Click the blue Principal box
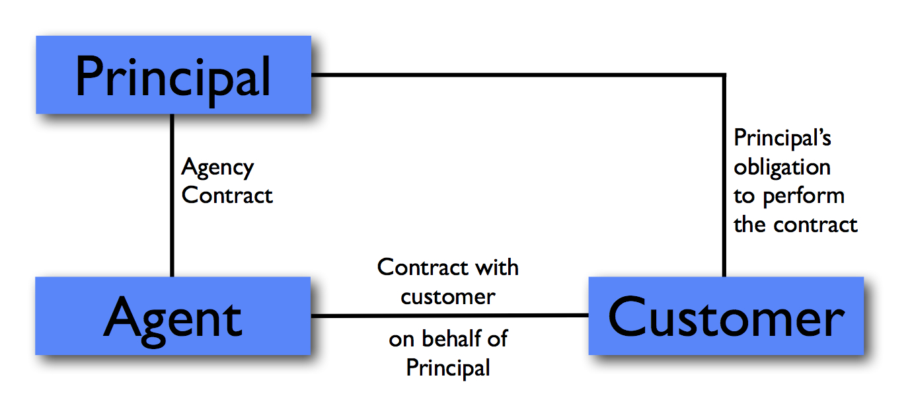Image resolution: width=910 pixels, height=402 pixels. (x=173, y=75)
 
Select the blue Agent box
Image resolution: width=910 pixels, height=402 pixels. (x=173, y=316)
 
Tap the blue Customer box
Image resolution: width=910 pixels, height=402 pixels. (x=726, y=316)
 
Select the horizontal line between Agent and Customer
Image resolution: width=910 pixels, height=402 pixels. (x=449, y=316)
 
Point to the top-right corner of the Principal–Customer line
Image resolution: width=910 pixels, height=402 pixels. (x=724, y=75)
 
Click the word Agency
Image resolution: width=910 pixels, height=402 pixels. (x=217, y=168)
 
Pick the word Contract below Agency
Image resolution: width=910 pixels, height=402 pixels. (x=227, y=196)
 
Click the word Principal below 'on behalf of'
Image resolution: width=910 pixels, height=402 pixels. (x=448, y=367)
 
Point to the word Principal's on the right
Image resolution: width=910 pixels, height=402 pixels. (x=782, y=139)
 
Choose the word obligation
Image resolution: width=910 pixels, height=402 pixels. (x=782, y=168)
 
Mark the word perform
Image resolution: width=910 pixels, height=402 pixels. (x=804, y=196)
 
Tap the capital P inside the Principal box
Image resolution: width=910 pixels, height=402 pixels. (x=89, y=76)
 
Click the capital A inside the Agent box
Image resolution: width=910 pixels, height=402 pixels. (x=123, y=317)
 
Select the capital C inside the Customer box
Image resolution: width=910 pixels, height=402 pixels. (x=628, y=316)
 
